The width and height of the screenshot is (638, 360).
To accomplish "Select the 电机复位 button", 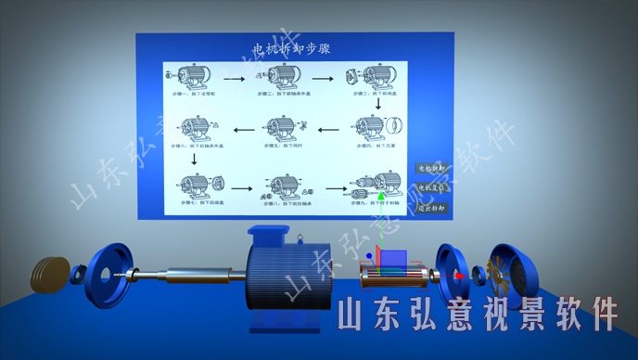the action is click(431, 187).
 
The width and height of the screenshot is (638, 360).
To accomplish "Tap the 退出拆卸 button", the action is click(431, 208).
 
